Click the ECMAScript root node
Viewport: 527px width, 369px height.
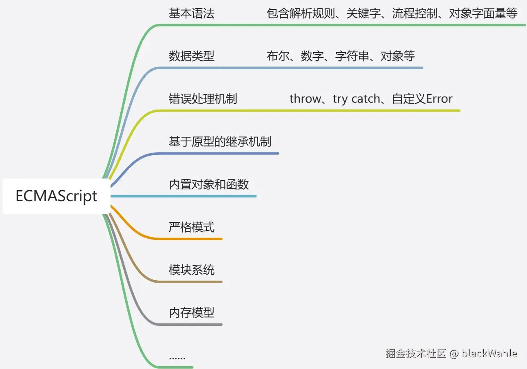56,196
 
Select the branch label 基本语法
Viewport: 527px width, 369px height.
192,13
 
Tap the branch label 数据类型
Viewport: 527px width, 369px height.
192,56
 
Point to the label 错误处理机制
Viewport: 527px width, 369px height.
203,99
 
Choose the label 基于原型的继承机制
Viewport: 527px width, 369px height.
220,142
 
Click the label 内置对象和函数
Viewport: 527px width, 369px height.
209,184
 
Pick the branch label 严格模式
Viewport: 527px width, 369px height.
192,227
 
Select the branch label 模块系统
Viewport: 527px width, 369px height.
192,270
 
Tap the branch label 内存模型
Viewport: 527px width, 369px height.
192,313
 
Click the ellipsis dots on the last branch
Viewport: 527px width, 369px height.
177,358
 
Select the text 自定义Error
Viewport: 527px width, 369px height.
422,99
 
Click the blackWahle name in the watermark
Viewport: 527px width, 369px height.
489,353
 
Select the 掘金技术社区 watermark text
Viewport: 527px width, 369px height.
416,353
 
